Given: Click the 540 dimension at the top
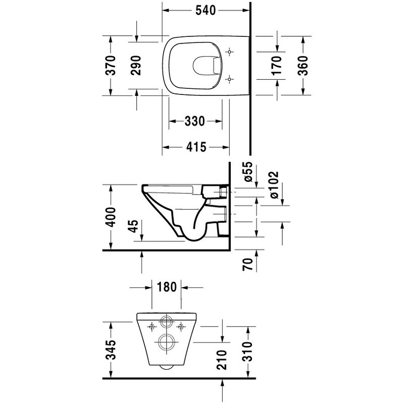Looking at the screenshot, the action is tap(206, 10).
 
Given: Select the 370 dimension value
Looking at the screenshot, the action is tap(111, 65).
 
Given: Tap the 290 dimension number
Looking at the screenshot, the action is tap(136, 65).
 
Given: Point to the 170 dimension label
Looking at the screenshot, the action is tap(277, 65).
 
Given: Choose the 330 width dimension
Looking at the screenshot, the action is tap(195, 121).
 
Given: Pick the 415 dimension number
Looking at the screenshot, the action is tap(196, 147).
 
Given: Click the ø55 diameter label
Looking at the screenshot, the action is tap(247, 172).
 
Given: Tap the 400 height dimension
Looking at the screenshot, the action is tap(111, 217).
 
